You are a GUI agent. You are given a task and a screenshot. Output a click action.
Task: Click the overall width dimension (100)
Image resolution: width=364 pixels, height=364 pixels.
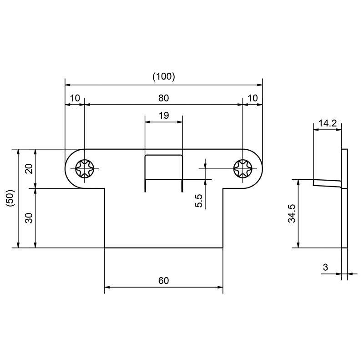coord(163,76)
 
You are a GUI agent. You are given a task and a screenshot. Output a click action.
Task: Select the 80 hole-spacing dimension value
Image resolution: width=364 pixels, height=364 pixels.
coord(164,98)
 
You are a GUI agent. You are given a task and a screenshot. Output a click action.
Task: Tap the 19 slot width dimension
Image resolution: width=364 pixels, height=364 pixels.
coord(164,116)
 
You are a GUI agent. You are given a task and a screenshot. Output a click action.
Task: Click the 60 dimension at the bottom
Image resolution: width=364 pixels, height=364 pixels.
coord(164,280)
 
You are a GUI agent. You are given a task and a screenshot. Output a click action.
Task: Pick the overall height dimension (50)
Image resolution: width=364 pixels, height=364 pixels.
coord(11,198)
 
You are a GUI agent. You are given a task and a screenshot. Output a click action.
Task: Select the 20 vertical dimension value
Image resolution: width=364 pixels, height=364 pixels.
coord(29,168)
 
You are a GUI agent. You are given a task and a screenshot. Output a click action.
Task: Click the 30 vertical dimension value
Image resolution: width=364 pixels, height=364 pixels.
coord(29,217)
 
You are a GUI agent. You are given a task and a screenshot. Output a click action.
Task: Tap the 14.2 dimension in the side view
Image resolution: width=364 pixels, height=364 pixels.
coord(327,123)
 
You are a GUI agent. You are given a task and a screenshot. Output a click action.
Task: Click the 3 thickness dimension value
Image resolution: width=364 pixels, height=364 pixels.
coord(325,268)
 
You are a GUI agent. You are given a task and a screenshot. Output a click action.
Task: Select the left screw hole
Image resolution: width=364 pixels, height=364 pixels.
coord(85,169)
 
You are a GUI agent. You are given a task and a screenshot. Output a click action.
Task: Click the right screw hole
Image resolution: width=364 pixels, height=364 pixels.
coord(243,169)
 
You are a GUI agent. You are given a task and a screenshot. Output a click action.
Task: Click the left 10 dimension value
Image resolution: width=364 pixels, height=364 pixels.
coord(75,98)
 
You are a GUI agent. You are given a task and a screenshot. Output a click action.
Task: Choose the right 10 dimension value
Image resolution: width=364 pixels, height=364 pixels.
coord(253,98)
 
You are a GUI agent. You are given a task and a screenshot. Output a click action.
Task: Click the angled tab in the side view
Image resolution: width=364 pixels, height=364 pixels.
coord(327,182)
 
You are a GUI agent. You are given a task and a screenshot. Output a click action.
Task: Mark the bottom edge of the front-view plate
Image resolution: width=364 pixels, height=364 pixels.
coord(164,248)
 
